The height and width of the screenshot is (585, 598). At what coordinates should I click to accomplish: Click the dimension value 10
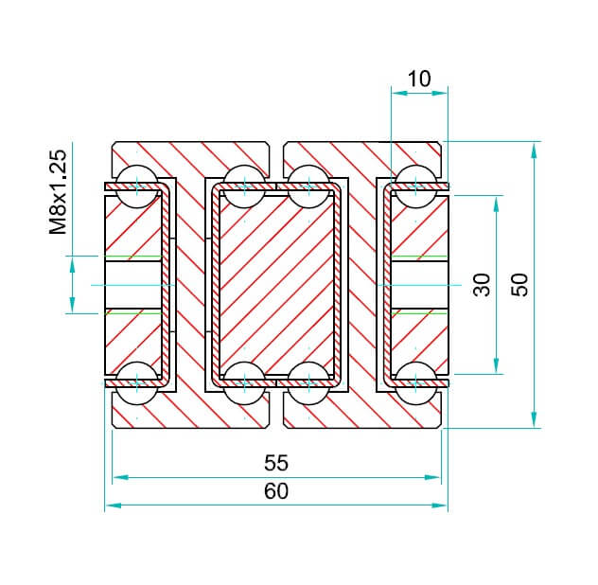(x=419, y=79)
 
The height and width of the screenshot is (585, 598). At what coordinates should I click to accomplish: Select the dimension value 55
(x=276, y=463)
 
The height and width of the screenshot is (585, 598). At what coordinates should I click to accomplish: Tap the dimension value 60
(x=276, y=491)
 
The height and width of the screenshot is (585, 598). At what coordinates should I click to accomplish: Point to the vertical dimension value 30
(x=482, y=285)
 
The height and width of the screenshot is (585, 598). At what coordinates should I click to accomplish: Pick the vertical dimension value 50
(x=519, y=285)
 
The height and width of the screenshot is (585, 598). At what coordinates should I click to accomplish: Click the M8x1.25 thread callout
(x=58, y=192)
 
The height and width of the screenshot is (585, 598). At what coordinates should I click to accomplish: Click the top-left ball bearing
(x=136, y=186)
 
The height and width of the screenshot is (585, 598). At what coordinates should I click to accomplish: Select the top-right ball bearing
(x=416, y=186)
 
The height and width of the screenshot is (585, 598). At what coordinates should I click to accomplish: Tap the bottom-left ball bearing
(x=136, y=382)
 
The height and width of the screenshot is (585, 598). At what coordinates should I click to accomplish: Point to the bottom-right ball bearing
(x=416, y=382)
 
